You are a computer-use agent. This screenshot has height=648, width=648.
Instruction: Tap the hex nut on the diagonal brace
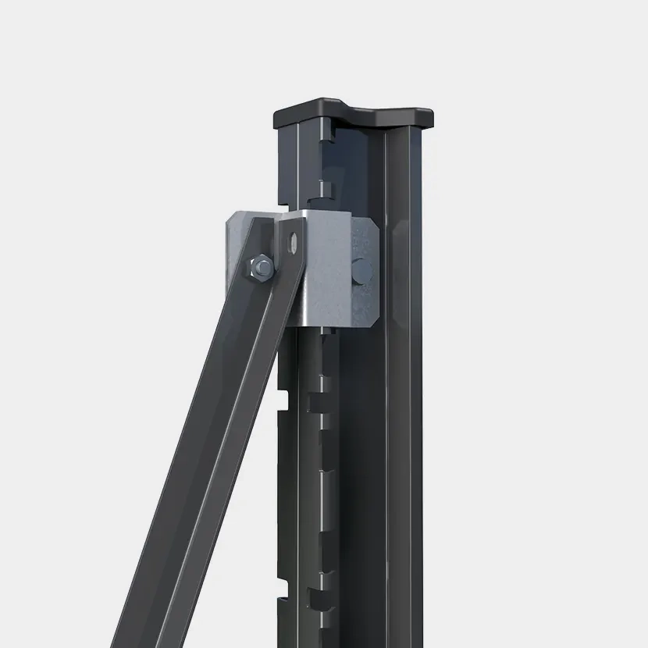coord(262,269)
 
